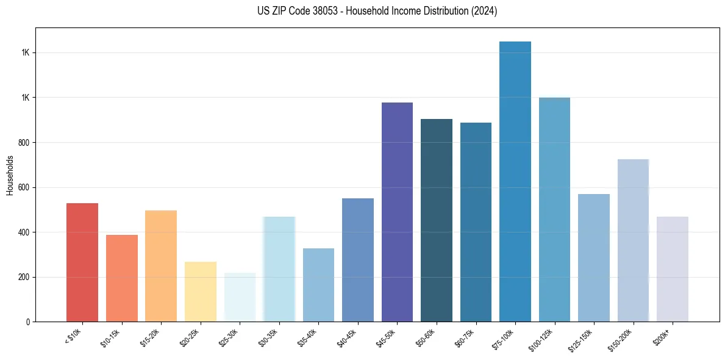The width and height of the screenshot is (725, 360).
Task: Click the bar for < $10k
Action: click(82, 262)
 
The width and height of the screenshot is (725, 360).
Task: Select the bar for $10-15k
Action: click(122, 278)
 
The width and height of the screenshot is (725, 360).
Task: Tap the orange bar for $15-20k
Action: click(161, 266)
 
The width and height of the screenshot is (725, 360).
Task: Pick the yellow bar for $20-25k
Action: click(201, 292)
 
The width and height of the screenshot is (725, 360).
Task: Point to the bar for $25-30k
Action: click(240, 297)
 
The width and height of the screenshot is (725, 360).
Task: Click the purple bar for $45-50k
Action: click(397, 212)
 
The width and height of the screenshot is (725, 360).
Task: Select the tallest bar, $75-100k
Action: click(515, 182)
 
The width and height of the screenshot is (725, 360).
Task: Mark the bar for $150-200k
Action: click(633, 240)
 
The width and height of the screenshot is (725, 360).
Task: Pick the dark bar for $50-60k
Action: click(437, 220)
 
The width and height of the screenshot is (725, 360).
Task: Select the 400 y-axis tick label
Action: click(24, 232)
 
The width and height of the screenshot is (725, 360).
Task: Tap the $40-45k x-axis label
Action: click(347, 337)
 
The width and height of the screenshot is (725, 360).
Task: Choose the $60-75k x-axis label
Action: click(465, 337)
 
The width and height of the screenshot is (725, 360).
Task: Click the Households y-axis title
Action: click(10, 175)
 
